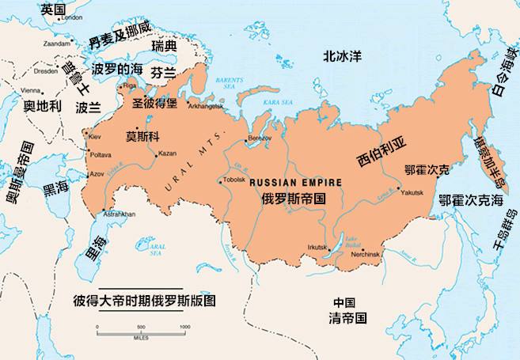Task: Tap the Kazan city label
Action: [168, 153]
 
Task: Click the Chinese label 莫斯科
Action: [142, 135]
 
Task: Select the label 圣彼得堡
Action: [155, 103]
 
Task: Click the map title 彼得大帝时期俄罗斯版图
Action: [144, 301]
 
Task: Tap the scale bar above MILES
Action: [142, 331]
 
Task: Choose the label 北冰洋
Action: [342, 56]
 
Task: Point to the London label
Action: [72, 17]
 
